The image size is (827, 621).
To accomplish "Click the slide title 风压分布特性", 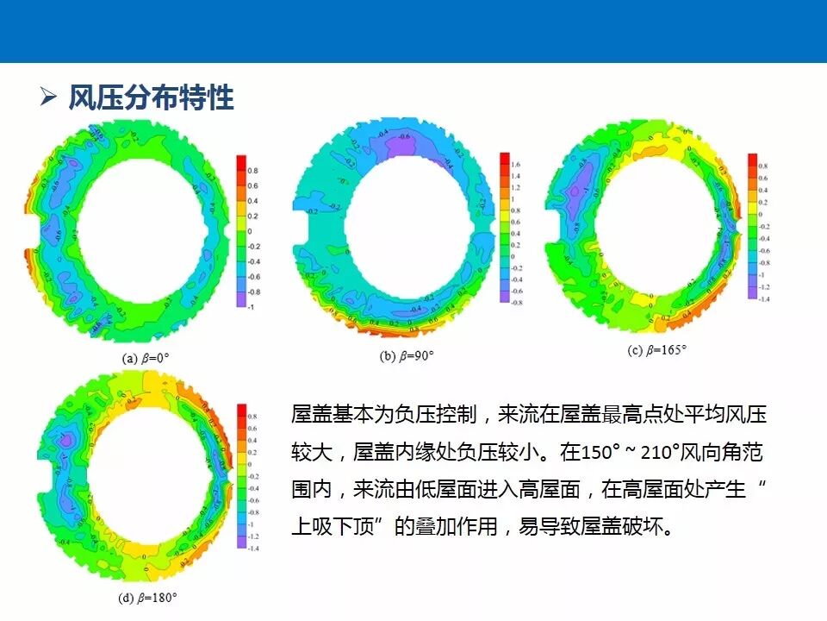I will [x=151, y=97].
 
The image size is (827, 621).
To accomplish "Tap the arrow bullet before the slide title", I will [x=48, y=97].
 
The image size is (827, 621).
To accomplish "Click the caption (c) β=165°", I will [x=656, y=350].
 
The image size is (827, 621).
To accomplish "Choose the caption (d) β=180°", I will [x=147, y=597].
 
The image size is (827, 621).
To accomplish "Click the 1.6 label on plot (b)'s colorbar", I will [x=516, y=164].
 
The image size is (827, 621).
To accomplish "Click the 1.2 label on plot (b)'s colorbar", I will [x=516, y=187].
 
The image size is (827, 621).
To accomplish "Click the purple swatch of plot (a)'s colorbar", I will [x=241, y=299].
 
